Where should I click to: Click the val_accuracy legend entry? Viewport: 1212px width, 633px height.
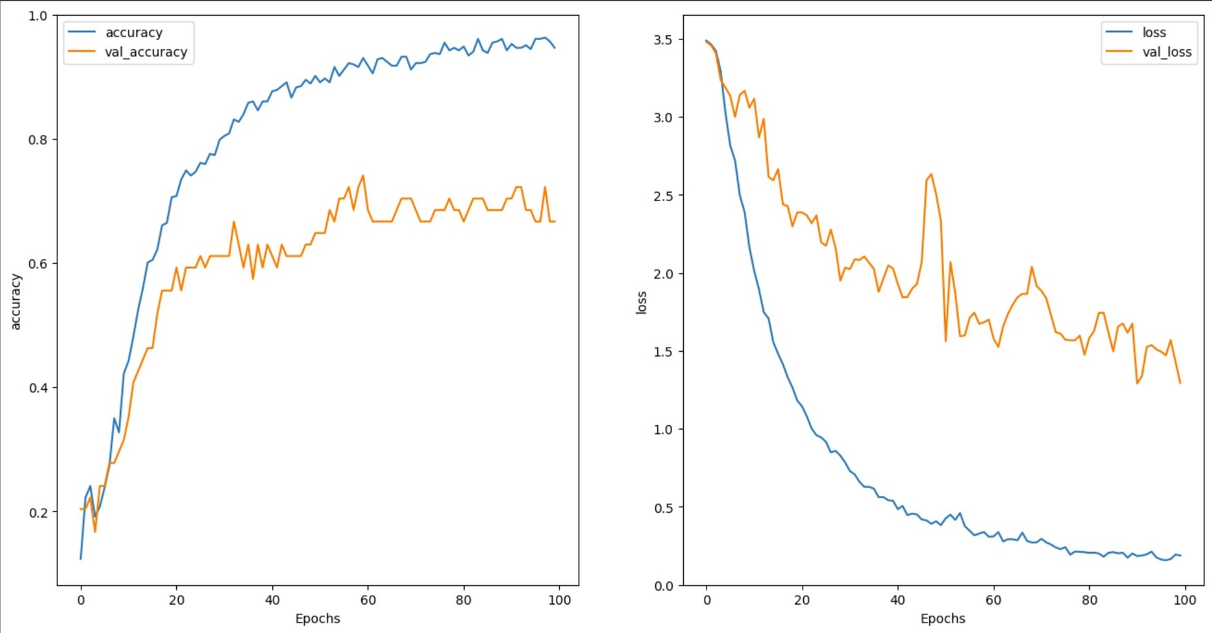coord(146,52)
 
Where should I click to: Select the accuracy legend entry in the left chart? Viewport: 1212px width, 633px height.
coord(134,32)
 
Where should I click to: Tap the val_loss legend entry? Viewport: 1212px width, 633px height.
coord(1166,52)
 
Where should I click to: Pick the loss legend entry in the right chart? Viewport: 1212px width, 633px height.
coord(1154,32)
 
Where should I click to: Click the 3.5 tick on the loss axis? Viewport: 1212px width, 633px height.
coord(663,39)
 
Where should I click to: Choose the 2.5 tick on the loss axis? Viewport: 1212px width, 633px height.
coord(663,196)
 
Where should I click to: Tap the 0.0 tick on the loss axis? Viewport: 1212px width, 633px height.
coord(663,586)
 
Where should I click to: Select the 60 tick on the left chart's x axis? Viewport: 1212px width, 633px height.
coord(368,601)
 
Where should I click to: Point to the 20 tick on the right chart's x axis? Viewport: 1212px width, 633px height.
coord(802,601)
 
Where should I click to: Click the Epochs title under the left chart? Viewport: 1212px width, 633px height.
coord(318,618)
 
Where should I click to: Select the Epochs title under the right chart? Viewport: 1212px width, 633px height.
coord(943,618)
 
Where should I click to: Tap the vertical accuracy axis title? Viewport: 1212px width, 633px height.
coord(16,301)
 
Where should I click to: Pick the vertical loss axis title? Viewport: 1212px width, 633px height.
coord(642,303)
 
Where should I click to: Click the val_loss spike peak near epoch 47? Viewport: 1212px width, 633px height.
coord(931,174)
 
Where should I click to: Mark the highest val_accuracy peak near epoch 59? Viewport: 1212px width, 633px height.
coord(363,176)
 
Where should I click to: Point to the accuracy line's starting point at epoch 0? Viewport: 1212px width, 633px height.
coord(81,558)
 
